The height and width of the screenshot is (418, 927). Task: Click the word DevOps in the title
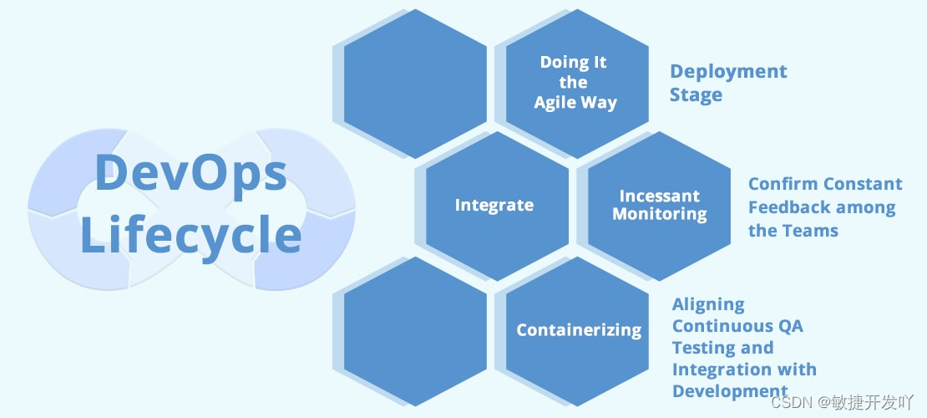(x=190, y=173)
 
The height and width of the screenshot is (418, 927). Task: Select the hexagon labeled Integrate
(x=494, y=206)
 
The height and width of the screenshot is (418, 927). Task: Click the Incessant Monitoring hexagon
(x=659, y=206)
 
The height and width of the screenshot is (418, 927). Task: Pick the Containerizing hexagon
(x=578, y=330)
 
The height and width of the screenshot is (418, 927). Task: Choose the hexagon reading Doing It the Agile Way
(x=578, y=82)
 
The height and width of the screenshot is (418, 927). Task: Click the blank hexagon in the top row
(x=414, y=82)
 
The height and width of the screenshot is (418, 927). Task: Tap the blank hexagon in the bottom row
(x=414, y=330)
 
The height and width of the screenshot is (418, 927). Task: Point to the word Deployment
(x=728, y=72)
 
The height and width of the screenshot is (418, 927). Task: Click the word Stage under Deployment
(x=696, y=95)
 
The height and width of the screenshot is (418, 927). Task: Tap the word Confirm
(x=782, y=184)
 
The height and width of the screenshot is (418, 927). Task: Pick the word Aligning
(x=708, y=304)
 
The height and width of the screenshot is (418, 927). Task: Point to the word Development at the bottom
(x=730, y=391)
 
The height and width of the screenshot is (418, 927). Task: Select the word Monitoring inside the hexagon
(x=659, y=214)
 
